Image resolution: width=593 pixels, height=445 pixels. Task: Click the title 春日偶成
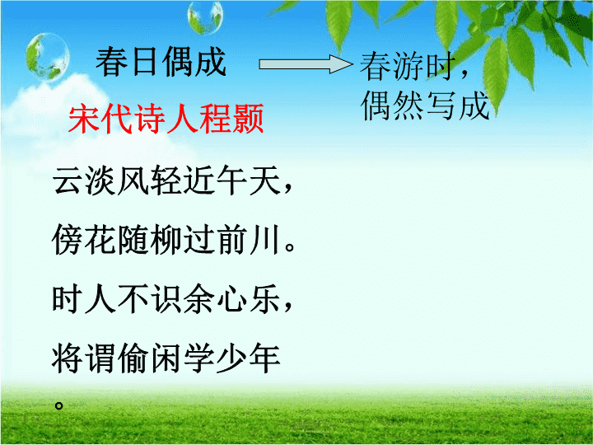[161, 62]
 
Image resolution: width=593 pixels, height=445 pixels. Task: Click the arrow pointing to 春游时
[306, 64]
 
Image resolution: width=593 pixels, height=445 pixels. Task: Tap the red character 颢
[248, 119]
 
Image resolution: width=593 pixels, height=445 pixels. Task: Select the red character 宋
[84, 119]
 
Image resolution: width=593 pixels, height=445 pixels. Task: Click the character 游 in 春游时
[409, 66]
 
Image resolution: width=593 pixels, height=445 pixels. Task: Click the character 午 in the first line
[231, 180]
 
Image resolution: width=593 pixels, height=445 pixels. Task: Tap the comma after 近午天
[288, 189]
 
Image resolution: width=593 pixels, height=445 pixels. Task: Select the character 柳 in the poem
[166, 240]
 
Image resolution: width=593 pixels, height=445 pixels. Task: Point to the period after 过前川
[290, 247]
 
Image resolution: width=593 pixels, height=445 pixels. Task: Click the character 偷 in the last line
[133, 358]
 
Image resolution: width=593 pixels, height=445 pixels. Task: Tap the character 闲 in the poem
[166, 358]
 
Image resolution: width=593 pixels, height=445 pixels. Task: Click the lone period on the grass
[58, 405]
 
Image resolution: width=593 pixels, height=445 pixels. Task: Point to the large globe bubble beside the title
[47, 57]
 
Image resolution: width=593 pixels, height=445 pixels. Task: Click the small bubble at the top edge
[205, 16]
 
